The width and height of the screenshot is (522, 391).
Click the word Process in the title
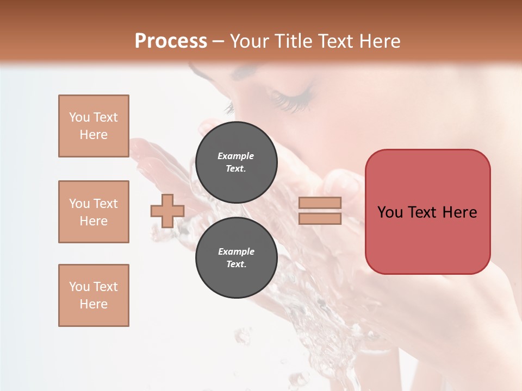[171, 41]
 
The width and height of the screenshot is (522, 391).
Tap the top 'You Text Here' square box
[94, 126]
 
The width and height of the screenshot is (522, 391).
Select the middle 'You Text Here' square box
[94, 212]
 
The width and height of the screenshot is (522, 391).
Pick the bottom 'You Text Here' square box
[94, 295]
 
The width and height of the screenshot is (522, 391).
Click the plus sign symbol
[167, 211]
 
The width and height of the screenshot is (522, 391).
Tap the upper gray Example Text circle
[236, 162]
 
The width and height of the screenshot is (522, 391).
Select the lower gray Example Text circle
[236, 258]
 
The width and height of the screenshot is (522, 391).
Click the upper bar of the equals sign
[320, 203]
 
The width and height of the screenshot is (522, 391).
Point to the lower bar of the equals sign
[320, 218]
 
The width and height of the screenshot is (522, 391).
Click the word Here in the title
[380, 41]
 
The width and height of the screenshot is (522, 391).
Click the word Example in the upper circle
[236, 156]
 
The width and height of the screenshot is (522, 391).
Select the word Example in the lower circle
[236, 251]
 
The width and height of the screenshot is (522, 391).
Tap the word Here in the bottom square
[94, 304]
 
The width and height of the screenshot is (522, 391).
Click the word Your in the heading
[251, 41]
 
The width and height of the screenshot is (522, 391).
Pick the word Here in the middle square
[94, 221]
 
